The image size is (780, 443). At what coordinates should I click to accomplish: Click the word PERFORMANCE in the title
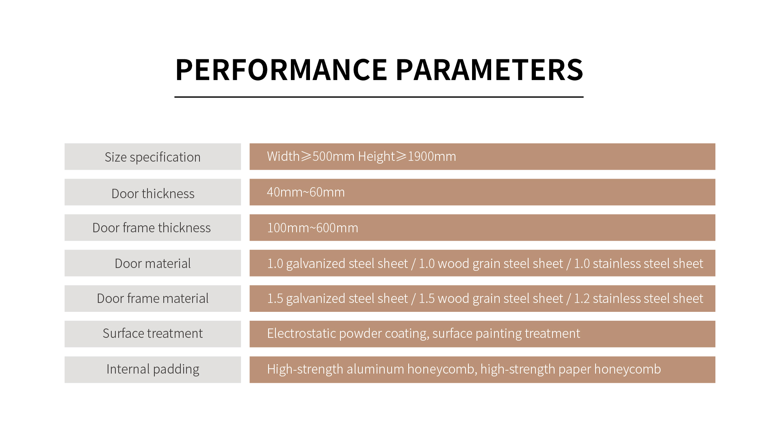[x=281, y=70]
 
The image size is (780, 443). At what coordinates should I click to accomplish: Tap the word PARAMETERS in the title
[x=490, y=70]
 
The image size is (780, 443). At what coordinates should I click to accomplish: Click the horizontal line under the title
[x=379, y=97]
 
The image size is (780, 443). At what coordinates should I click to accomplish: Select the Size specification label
[x=153, y=157]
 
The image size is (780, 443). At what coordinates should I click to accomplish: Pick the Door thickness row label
[x=153, y=194]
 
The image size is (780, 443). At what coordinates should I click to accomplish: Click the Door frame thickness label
[x=152, y=228]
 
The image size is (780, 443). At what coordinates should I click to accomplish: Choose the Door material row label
[x=153, y=264]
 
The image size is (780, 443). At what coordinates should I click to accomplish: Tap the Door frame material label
[x=153, y=298]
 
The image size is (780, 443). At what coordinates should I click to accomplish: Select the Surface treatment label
[x=153, y=333]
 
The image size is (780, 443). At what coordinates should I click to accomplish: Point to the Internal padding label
[x=153, y=369]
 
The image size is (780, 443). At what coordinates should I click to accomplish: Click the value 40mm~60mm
[x=306, y=192]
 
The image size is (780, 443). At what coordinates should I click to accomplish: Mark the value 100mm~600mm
[x=313, y=228]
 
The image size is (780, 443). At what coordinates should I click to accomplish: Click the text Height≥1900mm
[x=407, y=156]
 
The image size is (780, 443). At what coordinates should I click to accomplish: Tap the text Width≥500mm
[x=311, y=156]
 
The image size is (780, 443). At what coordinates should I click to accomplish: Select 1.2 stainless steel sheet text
[x=638, y=298]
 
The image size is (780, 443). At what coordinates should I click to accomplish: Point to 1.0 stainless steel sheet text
[x=638, y=264]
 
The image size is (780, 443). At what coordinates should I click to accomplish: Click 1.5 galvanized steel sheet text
[x=337, y=298]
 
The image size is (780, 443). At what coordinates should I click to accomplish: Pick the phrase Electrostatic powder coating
[x=348, y=333]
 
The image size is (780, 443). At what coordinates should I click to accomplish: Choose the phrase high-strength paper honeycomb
[x=571, y=369]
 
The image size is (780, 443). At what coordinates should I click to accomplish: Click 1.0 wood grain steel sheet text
[x=491, y=264]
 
